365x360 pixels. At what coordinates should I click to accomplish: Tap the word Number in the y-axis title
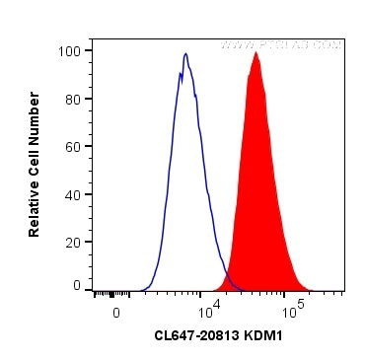[35, 108]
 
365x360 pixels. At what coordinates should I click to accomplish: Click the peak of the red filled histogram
[255, 53]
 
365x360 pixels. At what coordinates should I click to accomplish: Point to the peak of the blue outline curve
[184, 54]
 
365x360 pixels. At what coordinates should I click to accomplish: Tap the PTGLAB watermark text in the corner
[280, 44]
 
